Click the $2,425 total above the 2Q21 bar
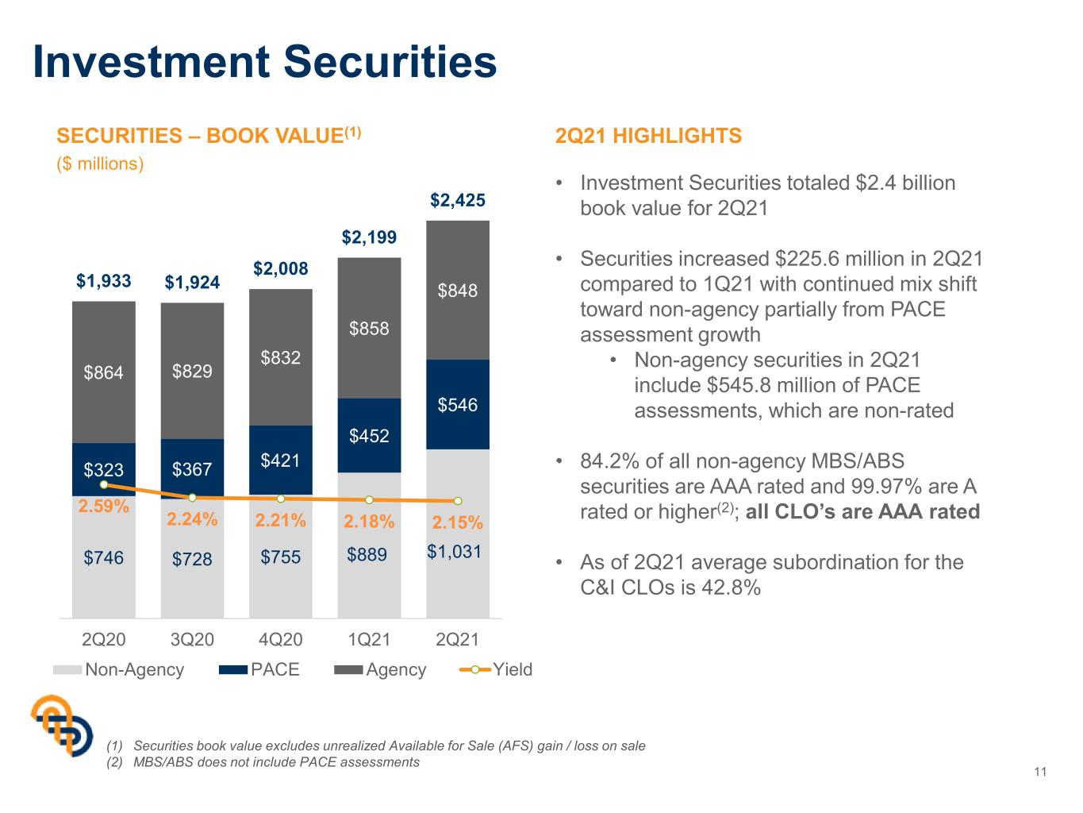tap(457, 200)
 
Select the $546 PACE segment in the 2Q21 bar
tap(457, 404)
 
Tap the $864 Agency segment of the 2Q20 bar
tap(104, 372)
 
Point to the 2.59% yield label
tap(104, 507)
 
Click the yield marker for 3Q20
tap(193, 498)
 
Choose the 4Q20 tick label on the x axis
tap(281, 640)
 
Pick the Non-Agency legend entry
tap(119, 670)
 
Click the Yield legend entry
tap(496, 670)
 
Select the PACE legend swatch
tap(233, 670)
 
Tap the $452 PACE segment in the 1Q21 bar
tap(369, 435)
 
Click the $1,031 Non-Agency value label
tap(455, 551)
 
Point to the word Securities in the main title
tap(390, 62)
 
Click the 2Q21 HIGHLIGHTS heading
tap(648, 136)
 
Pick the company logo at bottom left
tap(62, 726)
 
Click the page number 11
tap(1040, 772)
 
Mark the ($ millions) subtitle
tap(100, 164)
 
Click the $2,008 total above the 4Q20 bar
tap(281, 269)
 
